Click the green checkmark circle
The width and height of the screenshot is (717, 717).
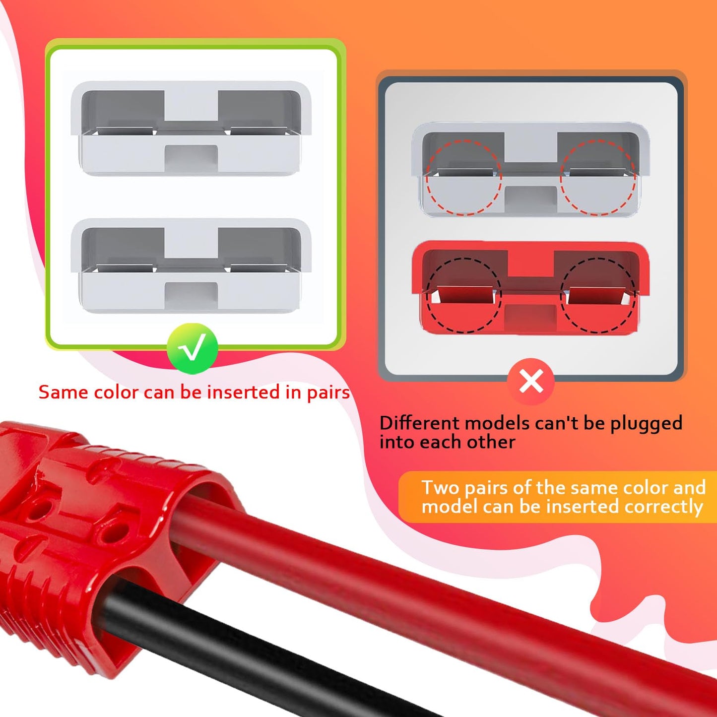192,349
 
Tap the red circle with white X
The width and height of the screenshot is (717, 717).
531,382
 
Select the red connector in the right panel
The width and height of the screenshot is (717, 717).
530,288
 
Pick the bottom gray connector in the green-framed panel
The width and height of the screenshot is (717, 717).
191,266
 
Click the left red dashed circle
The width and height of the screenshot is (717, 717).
464,177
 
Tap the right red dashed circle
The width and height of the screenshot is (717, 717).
598,177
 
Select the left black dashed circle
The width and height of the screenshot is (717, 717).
464,295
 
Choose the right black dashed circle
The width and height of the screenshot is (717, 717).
598,295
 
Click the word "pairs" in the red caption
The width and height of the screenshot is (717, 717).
328,393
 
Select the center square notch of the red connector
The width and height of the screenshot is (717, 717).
530,318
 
